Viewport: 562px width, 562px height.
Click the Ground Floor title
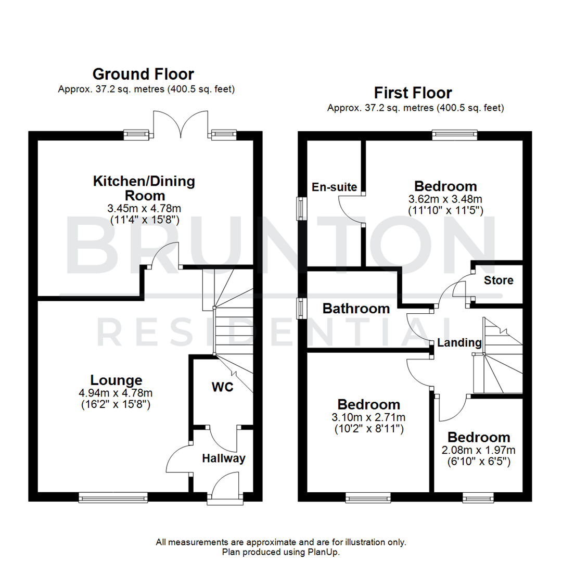click(143, 74)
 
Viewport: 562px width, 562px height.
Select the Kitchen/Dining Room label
click(144, 188)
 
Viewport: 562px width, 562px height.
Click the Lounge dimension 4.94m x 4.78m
click(116, 393)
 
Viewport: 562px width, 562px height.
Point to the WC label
click(222, 387)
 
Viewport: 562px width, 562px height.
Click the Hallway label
click(224, 458)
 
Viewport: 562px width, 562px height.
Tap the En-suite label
click(334, 187)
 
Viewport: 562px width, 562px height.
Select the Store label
click(498, 280)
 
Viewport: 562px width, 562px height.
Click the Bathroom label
click(356, 309)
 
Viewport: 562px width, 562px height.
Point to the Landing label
click(459, 343)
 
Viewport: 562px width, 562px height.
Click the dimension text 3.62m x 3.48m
click(445, 199)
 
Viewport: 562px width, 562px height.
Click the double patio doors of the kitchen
click(180, 125)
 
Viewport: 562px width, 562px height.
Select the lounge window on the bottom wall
click(113, 498)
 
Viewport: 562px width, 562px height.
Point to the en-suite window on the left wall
click(301, 208)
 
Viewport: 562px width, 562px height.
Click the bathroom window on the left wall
click(301, 308)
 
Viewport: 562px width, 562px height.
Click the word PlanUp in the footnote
click(325, 552)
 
